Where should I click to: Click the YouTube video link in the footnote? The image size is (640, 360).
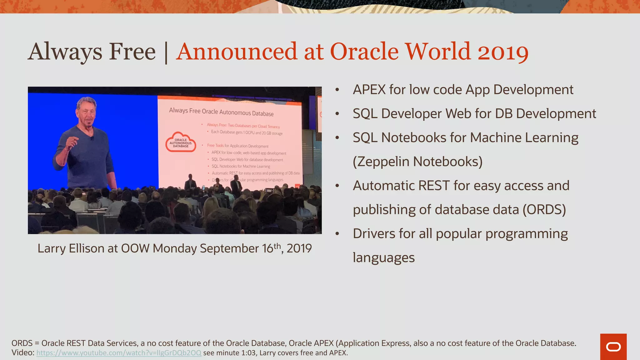[119, 353]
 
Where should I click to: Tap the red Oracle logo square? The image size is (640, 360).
[613, 347]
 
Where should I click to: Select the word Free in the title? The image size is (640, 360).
[132, 52]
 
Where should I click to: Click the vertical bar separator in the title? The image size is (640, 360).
[166, 52]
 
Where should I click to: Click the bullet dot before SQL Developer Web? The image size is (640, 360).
[337, 114]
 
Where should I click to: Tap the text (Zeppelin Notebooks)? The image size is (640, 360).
[417, 162]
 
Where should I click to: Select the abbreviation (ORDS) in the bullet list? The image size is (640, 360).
[544, 210]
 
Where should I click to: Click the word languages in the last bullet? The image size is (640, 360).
[383, 258]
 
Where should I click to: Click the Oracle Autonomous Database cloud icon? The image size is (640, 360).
[181, 142]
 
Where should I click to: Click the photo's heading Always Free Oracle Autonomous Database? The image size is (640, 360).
[221, 112]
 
